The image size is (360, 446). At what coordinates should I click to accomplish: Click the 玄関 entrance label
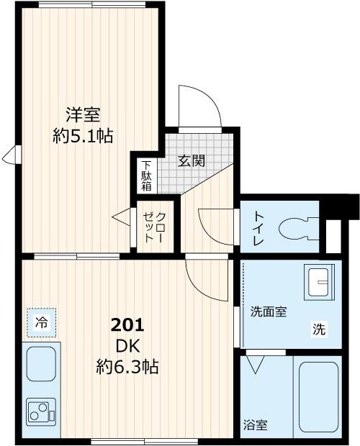pos(192,160)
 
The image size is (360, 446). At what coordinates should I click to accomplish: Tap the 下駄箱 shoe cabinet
pos(146,175)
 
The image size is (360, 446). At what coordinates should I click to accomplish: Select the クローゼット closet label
pos(154,227)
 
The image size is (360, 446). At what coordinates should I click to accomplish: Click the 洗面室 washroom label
pos(269,311)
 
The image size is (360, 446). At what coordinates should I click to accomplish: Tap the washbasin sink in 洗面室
pos(316,282)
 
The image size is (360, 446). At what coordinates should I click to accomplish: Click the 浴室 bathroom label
pos(256,424)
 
